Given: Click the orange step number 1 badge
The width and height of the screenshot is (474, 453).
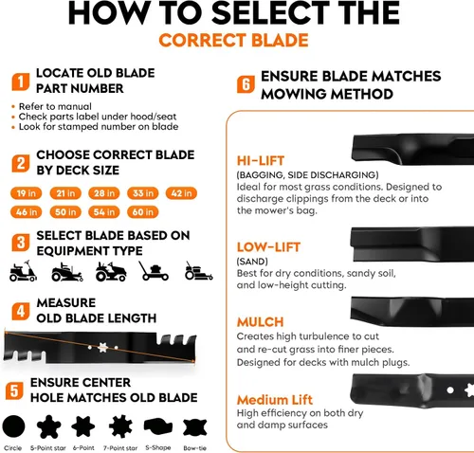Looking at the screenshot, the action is coord(21,82).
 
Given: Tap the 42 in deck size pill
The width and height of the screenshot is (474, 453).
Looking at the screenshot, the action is coord(181,193).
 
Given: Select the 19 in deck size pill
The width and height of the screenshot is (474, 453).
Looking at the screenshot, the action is coord(27,193).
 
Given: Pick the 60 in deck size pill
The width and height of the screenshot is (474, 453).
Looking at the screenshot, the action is coord(143,212).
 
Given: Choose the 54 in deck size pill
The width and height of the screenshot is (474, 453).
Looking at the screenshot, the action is coord(104,212).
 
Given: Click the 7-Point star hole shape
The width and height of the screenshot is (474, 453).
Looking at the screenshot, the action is coord(120,426).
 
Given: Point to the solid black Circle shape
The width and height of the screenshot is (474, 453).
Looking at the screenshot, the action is coord(13,426).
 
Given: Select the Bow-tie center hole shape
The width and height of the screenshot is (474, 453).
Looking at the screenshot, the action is coord(195,427).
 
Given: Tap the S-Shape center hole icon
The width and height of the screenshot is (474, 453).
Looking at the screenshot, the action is coord(158,426).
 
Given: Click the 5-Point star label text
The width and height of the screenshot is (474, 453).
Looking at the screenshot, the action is coord(48,448).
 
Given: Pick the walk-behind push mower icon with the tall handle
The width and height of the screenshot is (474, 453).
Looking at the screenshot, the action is coord(154,271).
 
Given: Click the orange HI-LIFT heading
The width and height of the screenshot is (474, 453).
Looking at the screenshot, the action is coord(261,161).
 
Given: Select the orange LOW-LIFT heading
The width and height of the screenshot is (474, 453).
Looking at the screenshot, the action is coord(268,247).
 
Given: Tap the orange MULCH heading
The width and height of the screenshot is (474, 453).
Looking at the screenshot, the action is coord(261,322).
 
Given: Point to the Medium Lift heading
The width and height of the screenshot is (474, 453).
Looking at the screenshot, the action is coord(275,400).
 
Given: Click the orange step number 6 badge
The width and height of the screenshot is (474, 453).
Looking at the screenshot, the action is coord(246,84).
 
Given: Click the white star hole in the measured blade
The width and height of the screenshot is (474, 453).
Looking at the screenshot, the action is coord(102,348).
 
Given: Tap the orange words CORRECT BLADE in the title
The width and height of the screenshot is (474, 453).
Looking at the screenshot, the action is coord(233,41).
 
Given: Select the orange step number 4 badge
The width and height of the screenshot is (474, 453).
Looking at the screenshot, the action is coord(21,311).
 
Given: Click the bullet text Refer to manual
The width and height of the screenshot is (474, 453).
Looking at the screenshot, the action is coord(55,106).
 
